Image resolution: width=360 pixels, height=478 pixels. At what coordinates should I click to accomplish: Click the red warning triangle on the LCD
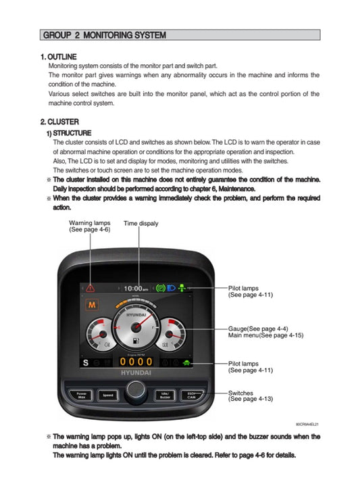pos(90,289)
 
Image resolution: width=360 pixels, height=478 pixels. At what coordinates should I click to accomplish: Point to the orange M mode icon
pos(89,306)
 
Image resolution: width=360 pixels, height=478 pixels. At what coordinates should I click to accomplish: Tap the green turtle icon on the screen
pos(186,363)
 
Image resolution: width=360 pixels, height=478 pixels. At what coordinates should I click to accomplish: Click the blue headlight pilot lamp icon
pos(172,289)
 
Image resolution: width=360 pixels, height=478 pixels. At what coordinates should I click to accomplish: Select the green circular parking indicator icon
pos(161,289)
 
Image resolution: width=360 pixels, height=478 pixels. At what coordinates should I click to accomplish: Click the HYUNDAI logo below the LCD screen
pos(136,373)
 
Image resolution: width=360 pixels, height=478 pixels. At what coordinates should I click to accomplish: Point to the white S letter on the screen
pos(86,363)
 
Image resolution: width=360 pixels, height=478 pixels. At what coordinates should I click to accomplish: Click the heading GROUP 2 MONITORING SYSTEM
pos(104,35)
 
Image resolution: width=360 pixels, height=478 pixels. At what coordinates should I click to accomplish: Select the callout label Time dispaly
pos(140,223)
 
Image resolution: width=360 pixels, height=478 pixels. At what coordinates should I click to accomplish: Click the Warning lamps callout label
pos(90,226)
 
